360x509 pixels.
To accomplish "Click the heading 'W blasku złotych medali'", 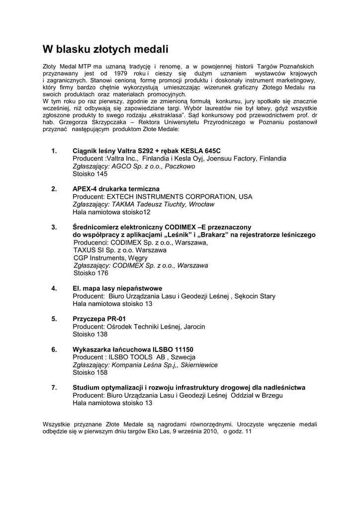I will coord(105,49).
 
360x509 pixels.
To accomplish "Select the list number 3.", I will coord(54,227).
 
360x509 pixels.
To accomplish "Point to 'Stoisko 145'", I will coord(90,174).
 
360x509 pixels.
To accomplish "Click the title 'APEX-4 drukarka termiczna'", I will coord(116,189).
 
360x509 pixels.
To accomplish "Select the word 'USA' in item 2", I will coord(246,196).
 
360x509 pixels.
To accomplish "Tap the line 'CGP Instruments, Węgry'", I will coord(110,257).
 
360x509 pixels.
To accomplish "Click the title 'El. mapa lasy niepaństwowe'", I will coord(117,288).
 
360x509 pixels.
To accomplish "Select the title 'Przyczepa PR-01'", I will coord(99,319).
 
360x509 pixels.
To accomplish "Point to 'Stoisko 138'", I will coord(90,334).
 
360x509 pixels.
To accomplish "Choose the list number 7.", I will coord(54,387).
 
